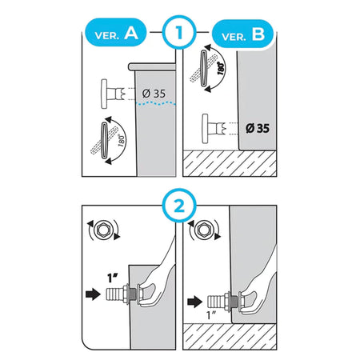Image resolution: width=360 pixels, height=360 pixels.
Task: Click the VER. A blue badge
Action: tap(116, 33)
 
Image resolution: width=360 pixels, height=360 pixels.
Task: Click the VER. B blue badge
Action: tap(242, 34)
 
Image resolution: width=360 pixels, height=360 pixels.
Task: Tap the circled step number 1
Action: tap(179, 32)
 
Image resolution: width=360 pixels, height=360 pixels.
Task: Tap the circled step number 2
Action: tap(179, 206)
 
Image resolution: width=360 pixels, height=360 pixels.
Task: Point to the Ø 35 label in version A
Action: tap(154, 94)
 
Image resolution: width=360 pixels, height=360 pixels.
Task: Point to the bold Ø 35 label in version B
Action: tap(258, 128)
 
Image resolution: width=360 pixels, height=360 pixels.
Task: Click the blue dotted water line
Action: tap(156, 103)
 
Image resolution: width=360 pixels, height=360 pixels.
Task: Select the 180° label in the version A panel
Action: tap(122, 140)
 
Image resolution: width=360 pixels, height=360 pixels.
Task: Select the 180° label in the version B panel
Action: tap(221, 68)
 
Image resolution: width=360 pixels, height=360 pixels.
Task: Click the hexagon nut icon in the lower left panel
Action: tap(102, 230)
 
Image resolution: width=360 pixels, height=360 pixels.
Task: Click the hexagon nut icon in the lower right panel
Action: tap(203, 230)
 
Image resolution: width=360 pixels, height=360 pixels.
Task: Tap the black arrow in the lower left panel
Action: tap(93, 294)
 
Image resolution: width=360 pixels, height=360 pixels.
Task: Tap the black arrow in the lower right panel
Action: tap(194, 302)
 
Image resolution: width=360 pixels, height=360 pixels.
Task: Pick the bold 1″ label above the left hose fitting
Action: tap(113, 278)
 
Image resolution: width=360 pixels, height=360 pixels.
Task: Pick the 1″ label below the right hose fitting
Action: tap(212, 315)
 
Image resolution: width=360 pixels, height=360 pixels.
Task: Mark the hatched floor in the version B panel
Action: tap(230, 163)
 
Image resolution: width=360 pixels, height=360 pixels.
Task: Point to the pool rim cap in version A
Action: tap(152, 66)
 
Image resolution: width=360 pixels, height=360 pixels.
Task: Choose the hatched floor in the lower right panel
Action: tap(230, 337)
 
